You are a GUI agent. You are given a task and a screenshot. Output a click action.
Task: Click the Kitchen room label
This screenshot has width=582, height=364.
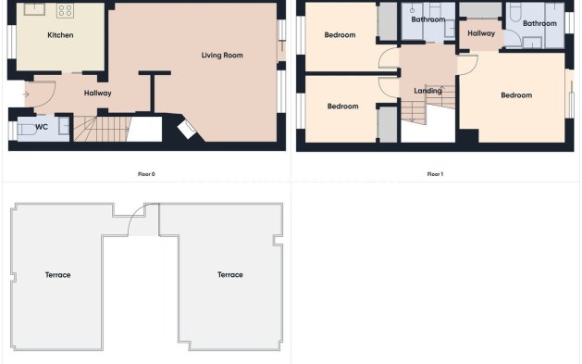tap(60, 35)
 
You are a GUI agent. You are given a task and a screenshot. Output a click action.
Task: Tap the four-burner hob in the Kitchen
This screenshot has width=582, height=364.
tap(66, 11)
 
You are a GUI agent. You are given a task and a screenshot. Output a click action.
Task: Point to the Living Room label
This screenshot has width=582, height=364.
tap(222, 56)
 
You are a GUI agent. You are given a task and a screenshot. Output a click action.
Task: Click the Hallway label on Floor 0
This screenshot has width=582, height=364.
tap(97, 94)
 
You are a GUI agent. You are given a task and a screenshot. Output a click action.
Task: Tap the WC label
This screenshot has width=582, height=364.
tap(42, 127)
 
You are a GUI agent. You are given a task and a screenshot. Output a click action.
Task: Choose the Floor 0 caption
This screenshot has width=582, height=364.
tap(146, 174)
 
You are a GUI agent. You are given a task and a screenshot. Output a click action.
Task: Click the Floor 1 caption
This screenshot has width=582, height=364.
tap(435, 174)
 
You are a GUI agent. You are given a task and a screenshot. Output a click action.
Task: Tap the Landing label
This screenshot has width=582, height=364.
tap(427, 91)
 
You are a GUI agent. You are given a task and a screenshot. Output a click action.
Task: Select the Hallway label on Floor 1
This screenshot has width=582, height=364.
tap(481, 33)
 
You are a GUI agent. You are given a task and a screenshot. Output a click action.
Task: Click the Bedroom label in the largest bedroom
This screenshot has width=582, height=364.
tap(516, 95)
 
